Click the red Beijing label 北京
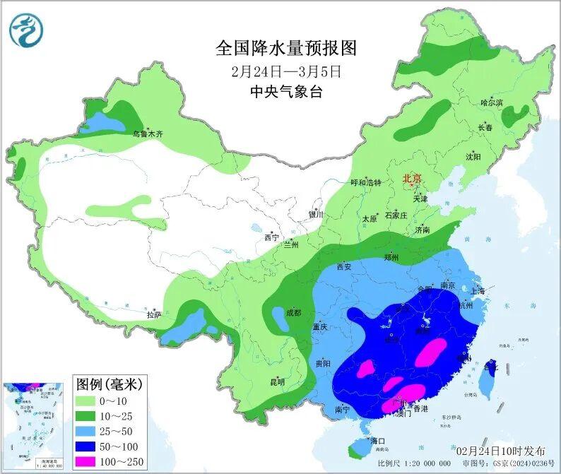411,179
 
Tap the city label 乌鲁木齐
148,133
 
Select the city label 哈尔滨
491,103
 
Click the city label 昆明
277,382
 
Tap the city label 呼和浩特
366,182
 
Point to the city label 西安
344,267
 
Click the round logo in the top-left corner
27,30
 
